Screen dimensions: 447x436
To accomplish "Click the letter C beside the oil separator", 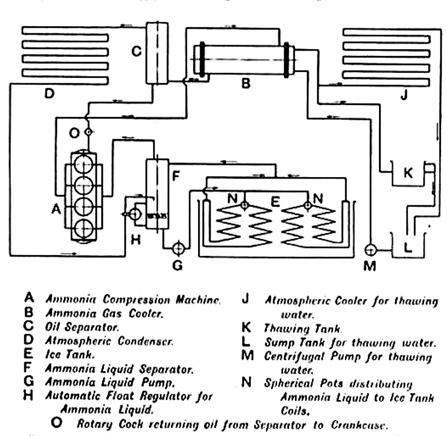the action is click(137, 51).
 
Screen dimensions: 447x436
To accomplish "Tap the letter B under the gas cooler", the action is click(246, 83).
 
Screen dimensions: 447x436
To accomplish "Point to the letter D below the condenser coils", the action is click(49, 93).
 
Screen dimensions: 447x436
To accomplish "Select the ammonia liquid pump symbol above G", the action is click(179, 249).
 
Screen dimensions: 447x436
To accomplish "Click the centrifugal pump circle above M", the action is click(371, 250).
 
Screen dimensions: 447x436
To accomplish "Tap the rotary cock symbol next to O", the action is click(89, 132).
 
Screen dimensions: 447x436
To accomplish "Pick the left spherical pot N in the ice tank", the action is click(244, 205).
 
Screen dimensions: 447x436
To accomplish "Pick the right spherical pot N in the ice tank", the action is click(307, 205).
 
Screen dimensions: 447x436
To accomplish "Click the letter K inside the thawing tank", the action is click(408, 173).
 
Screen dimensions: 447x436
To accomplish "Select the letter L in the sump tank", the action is click(408, 247).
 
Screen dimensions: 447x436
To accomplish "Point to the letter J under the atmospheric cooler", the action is click(404, 95).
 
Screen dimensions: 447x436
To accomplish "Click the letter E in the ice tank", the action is click(275, 202).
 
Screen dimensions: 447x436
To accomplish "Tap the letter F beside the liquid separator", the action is click(176, 176).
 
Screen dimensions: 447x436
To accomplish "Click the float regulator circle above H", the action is click(135, 214).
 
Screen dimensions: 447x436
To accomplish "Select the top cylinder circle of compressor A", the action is click(84, 164).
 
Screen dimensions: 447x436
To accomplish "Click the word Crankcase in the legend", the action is click(359, 425).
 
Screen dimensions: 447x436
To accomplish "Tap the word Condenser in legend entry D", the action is click(145, 341).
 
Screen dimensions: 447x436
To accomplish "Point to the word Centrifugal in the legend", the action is click(294, 357).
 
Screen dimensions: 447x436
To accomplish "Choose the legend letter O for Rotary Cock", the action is click(57, 422).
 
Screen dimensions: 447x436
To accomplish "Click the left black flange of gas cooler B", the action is click(202, 60).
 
